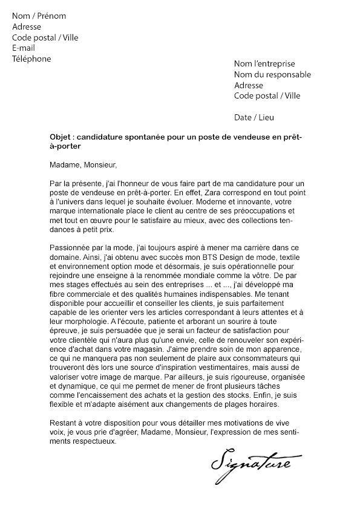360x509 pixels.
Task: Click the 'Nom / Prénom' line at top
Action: click(39, 16)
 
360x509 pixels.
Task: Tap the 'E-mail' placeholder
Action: click(24, 48)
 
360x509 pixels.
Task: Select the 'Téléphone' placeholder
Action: click(31, 59)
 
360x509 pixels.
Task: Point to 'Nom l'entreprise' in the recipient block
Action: click(264, 64)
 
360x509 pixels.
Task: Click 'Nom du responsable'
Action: click(272, 75)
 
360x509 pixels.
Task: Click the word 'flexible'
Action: click(62, 405)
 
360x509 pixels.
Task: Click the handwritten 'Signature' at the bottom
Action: click(250, 464)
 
